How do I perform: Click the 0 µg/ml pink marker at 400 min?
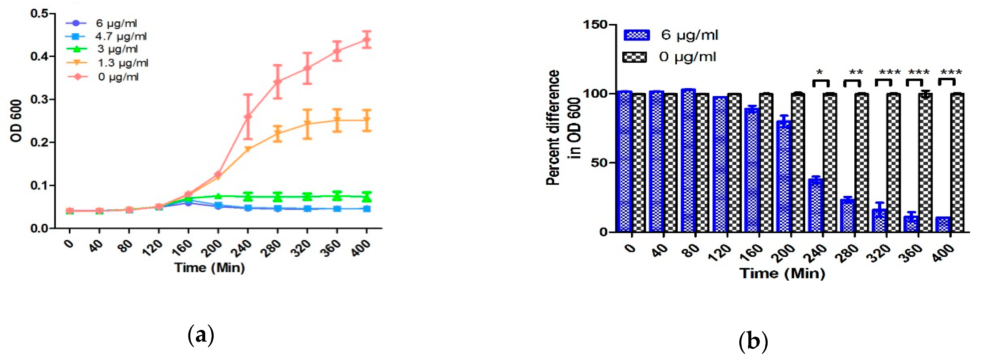[366, 40]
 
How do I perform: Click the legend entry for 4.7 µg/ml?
[120, 36]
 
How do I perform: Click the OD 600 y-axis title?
[16, 121]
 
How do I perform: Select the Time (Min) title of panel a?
[210, 268]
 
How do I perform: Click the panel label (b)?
[752, 341]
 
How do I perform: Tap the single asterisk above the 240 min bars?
[820, 72]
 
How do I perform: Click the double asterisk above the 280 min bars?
[856, 72]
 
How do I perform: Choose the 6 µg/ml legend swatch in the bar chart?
[636, 35]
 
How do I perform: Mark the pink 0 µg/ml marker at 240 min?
[248, 116]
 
